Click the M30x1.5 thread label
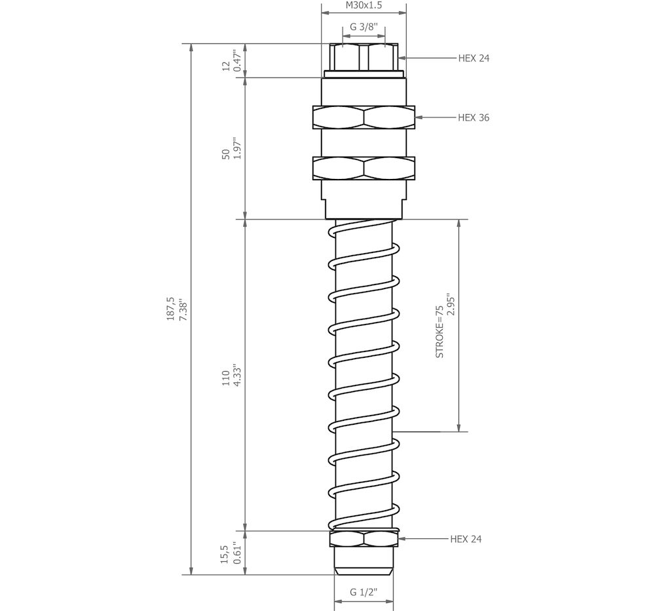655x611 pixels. pos(364,6)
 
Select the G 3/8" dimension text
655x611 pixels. pos(364,27)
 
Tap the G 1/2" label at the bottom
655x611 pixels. pos(364,592)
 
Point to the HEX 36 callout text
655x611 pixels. pos(474,118)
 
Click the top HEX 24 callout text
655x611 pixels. pos(474,58)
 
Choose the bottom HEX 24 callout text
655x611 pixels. pos(466,540)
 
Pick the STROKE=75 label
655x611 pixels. pos(440,332)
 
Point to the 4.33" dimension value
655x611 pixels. pos(238,376)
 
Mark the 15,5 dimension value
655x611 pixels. pos(225,554)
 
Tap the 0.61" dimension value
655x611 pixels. pos(238,554)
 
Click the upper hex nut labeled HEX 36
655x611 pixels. pos(364,117)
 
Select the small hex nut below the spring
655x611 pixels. pos(364,540)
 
